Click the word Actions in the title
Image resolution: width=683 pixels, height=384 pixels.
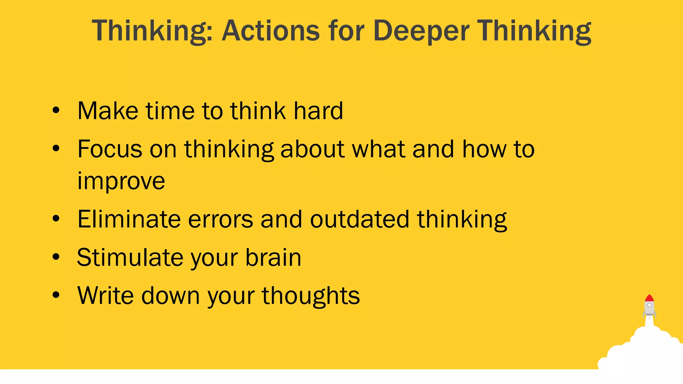click(271, 31)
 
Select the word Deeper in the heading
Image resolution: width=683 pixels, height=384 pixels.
click(422, 31)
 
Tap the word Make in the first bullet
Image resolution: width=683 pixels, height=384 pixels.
click(108, 111)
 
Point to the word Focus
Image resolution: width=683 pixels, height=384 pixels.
click(110, 149)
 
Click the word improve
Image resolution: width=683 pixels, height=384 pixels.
click(121, 181)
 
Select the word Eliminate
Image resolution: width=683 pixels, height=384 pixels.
click(129, 219)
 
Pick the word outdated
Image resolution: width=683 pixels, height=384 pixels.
click(360, 219)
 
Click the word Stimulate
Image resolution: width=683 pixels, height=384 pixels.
click(130, 257)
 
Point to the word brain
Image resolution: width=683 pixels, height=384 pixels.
click(273, 257)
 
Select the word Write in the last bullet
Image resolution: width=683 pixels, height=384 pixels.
click(105, 295)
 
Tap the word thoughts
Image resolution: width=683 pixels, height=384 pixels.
click(310, 296)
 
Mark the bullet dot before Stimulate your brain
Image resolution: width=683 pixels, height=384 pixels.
click(56, 257)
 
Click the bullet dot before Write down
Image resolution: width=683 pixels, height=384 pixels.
click(56, 295)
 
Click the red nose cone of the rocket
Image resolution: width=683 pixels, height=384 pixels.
click(649, 298)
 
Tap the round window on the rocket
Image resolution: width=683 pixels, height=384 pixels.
click(649, 305)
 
